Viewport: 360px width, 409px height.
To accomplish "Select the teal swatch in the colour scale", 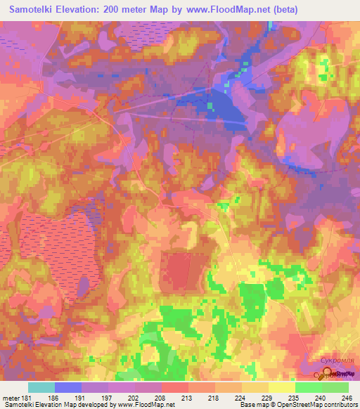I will click(41, 387).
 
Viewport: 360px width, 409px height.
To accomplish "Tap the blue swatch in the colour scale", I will click(68, 387).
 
